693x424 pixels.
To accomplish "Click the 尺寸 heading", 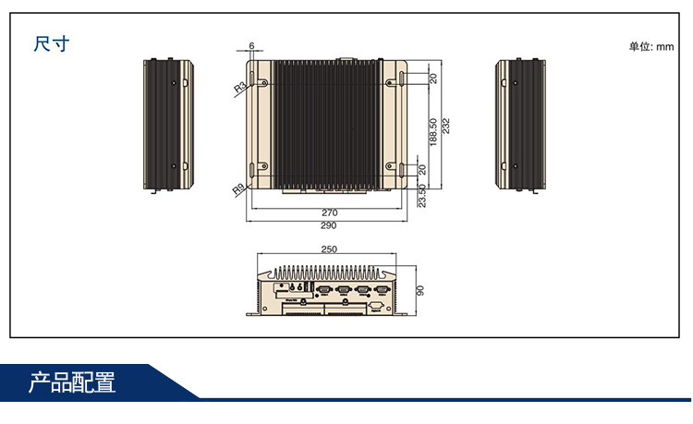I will coord(52,43).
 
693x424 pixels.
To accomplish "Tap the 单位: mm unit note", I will coord(650,46).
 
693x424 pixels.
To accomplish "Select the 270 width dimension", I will coord(329,212).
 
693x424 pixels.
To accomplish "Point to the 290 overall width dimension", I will coord(329,225).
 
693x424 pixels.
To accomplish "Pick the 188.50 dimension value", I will coord(433,132).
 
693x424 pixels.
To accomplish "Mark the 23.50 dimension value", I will coord(422,195).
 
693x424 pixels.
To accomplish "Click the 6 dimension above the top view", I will coord(250,46).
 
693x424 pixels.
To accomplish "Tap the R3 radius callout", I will coord(239,87).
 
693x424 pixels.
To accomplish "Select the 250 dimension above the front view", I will coord(329,249).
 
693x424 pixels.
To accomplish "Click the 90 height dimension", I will coord(420,290).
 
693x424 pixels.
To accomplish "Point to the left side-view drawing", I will coord(168,124).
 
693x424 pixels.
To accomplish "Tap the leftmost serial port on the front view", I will coord(323,289).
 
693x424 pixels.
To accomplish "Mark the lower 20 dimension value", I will coord(422,169).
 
